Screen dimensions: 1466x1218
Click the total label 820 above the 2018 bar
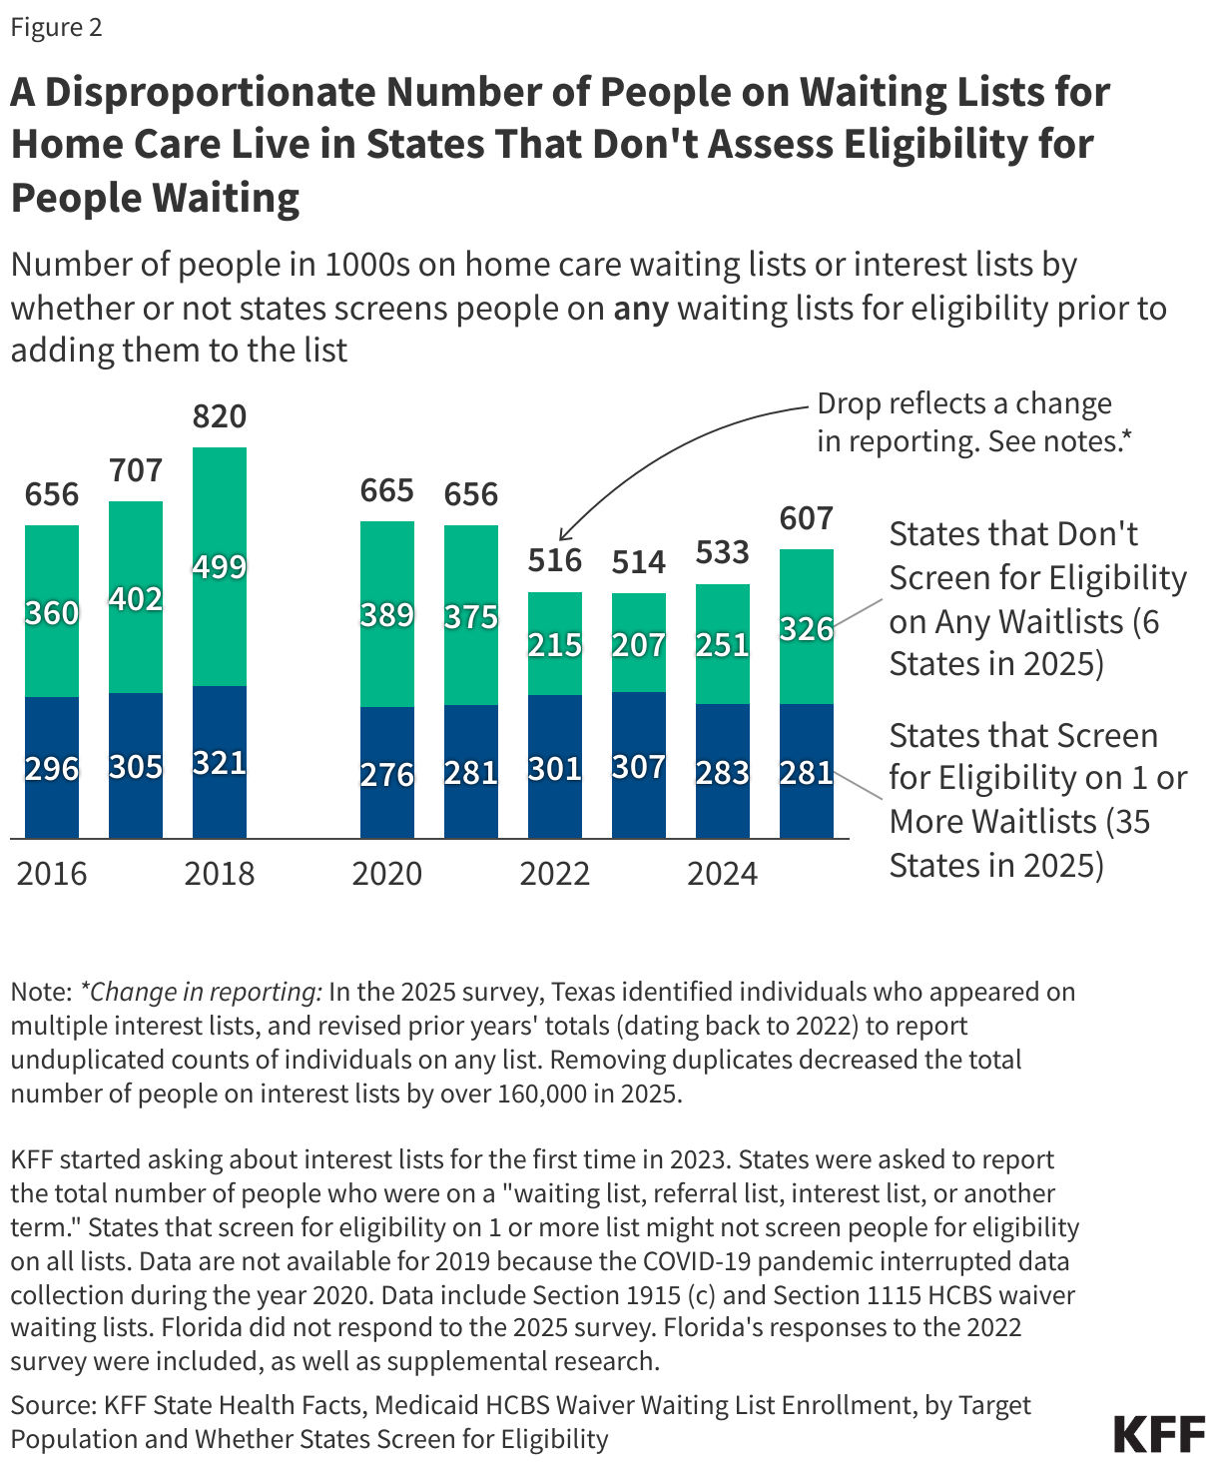click(220, 415)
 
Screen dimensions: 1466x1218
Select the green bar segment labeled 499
click(220, 566)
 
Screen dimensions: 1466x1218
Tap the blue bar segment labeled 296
click(52, 768)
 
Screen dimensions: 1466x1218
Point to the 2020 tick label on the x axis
click(387, 874)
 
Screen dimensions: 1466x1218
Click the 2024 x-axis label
click(723, 874)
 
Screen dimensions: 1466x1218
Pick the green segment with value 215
click(555, 644)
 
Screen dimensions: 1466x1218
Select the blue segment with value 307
click(639, 766)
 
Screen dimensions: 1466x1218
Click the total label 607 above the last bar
click(807, 518)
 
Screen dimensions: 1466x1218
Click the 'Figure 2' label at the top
click(57, 27)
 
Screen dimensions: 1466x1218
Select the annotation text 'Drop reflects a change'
click(964, 403)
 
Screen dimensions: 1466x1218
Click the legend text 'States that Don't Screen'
click(1013, 534)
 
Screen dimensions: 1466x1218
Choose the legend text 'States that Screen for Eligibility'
click(1023, 736)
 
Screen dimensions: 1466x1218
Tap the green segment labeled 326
click(807, 628)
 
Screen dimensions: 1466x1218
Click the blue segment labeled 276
click(387, 774)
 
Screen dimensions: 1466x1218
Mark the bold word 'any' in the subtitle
click(640, 308)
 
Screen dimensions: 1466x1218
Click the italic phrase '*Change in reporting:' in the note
click(201, 992)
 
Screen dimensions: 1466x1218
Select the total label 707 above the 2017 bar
click(136, 469)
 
